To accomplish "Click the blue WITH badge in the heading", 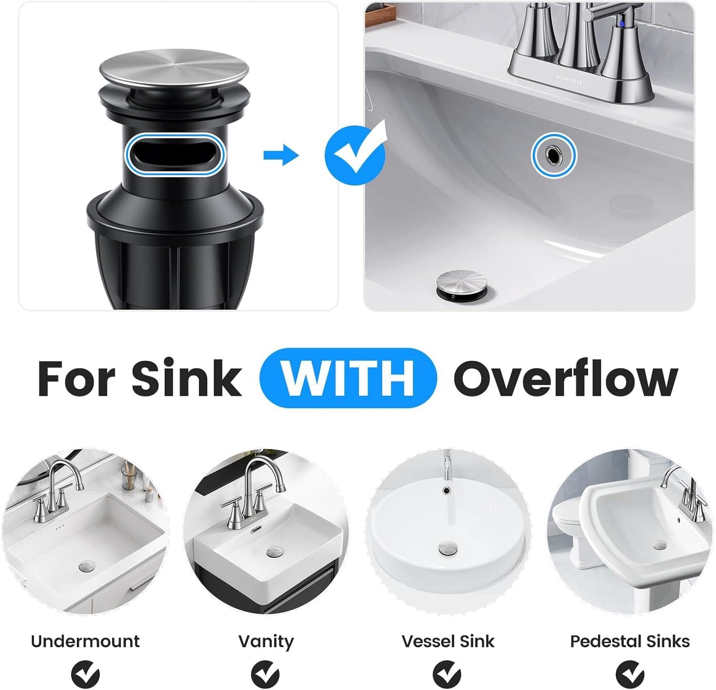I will (x=348, y=378).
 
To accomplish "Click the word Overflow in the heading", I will (x=565, y=378).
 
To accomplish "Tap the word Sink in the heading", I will (x=187, y=378).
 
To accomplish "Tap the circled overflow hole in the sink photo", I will (x=554, y=154).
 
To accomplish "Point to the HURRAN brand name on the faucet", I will (x=569, y=80).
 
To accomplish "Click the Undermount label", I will (x=85, y=641).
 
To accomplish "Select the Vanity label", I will (x=266, y=641).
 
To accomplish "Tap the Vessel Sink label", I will (x=448, y=641).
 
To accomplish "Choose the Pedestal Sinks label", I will (x=630, y=641).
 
